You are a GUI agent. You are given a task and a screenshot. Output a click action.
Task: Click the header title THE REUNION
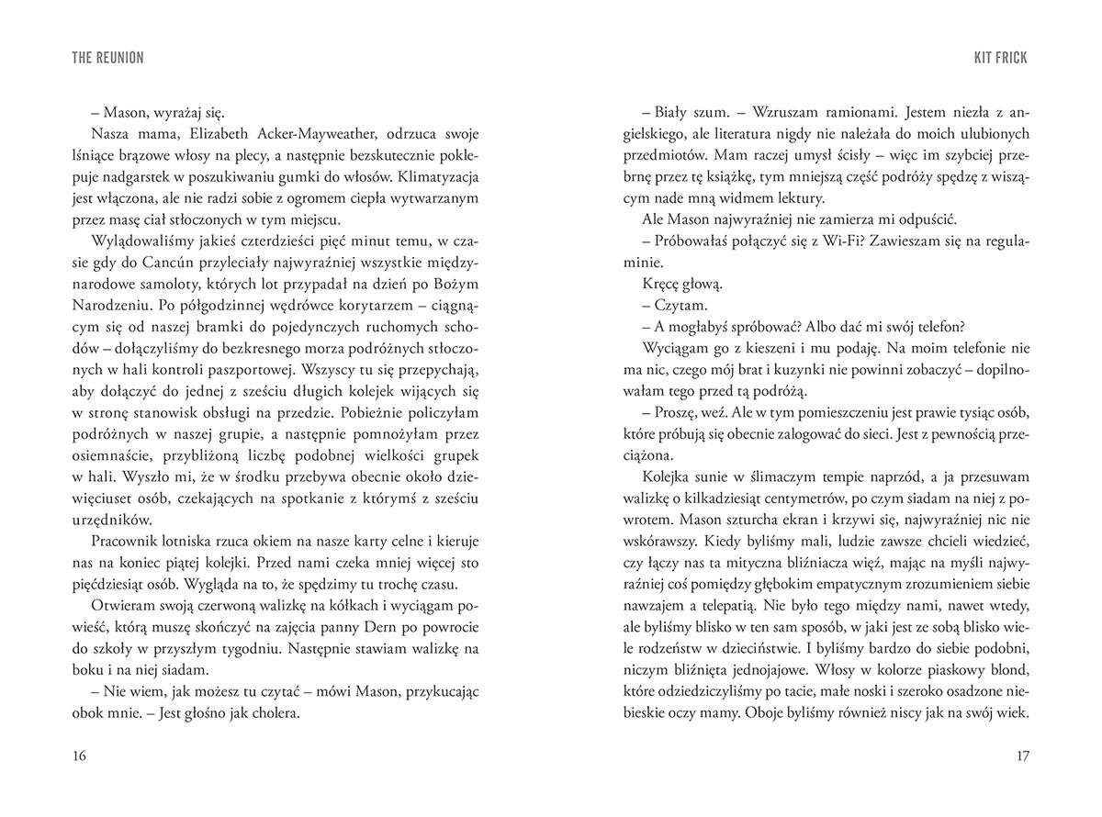pos(107,58)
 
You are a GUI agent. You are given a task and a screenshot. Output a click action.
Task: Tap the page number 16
pos(78,755)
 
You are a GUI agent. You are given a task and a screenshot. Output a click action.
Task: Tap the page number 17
pos(1024,755)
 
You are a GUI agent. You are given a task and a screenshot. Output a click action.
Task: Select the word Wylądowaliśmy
pos(140,241)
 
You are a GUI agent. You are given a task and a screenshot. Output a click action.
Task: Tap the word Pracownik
pos(128,542)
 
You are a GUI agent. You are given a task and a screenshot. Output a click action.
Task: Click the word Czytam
pos(681,307)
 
